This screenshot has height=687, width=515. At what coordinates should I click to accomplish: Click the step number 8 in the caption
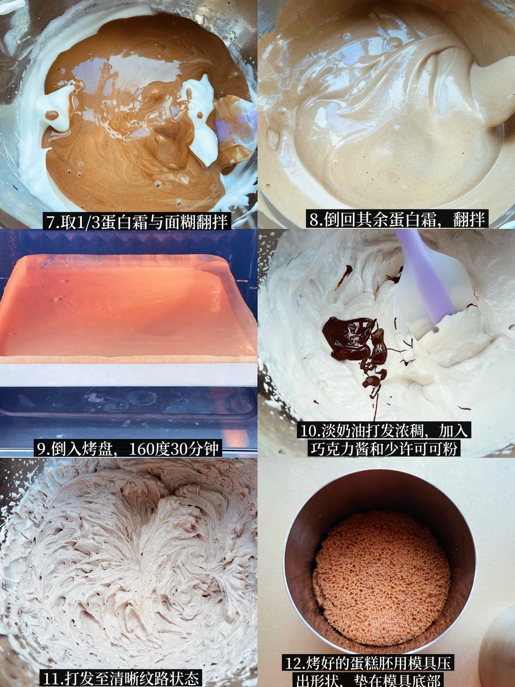pos(314,219)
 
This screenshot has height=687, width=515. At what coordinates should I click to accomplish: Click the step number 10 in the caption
pos(308,431)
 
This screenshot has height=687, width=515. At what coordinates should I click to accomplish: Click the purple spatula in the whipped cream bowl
pos(432,288)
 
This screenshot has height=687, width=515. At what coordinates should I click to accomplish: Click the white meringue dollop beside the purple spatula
pos(203,122)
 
